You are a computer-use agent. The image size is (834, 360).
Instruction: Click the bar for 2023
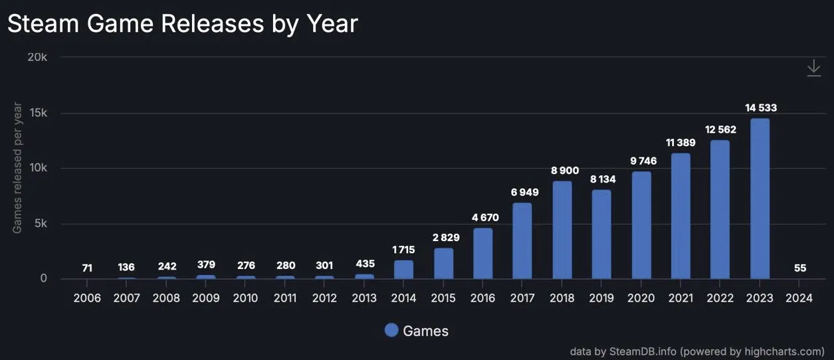(x=760, y=199)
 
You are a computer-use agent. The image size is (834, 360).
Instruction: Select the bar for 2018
(x=562, y=230)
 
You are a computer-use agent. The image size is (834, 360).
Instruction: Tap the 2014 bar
(x=403, y=270)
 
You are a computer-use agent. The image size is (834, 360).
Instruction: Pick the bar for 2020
(x=641, y=225)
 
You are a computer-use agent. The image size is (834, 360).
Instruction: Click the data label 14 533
(x=761, y=108)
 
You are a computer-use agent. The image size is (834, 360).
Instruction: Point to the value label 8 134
(x=603, y=179)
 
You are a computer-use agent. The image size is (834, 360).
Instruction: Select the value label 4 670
(x=485, y=217)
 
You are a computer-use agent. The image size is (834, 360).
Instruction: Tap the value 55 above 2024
(x=799, y=268)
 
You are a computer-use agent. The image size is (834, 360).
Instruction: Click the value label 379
(x=206, y=265)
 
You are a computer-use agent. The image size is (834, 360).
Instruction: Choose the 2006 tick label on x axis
(x=87, y=298)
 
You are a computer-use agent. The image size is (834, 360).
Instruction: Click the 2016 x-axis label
(x=483, y=298)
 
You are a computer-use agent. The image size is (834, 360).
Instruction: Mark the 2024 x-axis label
(x=799, y=298)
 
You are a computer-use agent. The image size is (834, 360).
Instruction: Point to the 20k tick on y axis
(x=37, y=57)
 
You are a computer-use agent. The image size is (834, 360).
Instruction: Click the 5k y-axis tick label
(x=41, y=223)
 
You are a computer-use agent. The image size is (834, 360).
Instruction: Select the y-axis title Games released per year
(x=17, y=168)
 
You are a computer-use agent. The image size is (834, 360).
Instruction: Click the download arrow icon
(x=814, y=68)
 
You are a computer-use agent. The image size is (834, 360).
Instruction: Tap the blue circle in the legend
(x=391, y=330)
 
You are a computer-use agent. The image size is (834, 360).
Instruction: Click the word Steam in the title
(x=43, y=24)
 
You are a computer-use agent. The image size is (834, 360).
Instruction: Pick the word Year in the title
(x=332, y=24)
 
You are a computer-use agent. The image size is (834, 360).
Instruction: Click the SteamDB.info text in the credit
(x=643, y=351)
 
